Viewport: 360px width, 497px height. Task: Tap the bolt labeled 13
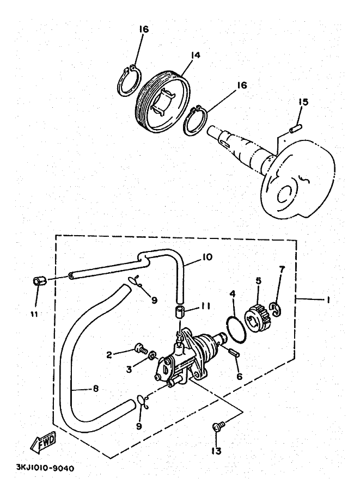(218, 426)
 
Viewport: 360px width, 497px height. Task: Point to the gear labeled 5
(258, 315)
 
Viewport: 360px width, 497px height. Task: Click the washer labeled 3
(152, 357)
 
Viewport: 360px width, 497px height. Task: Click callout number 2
(109, 354)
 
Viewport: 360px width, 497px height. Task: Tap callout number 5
(259, 281)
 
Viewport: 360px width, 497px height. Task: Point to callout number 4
(232, 294)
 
